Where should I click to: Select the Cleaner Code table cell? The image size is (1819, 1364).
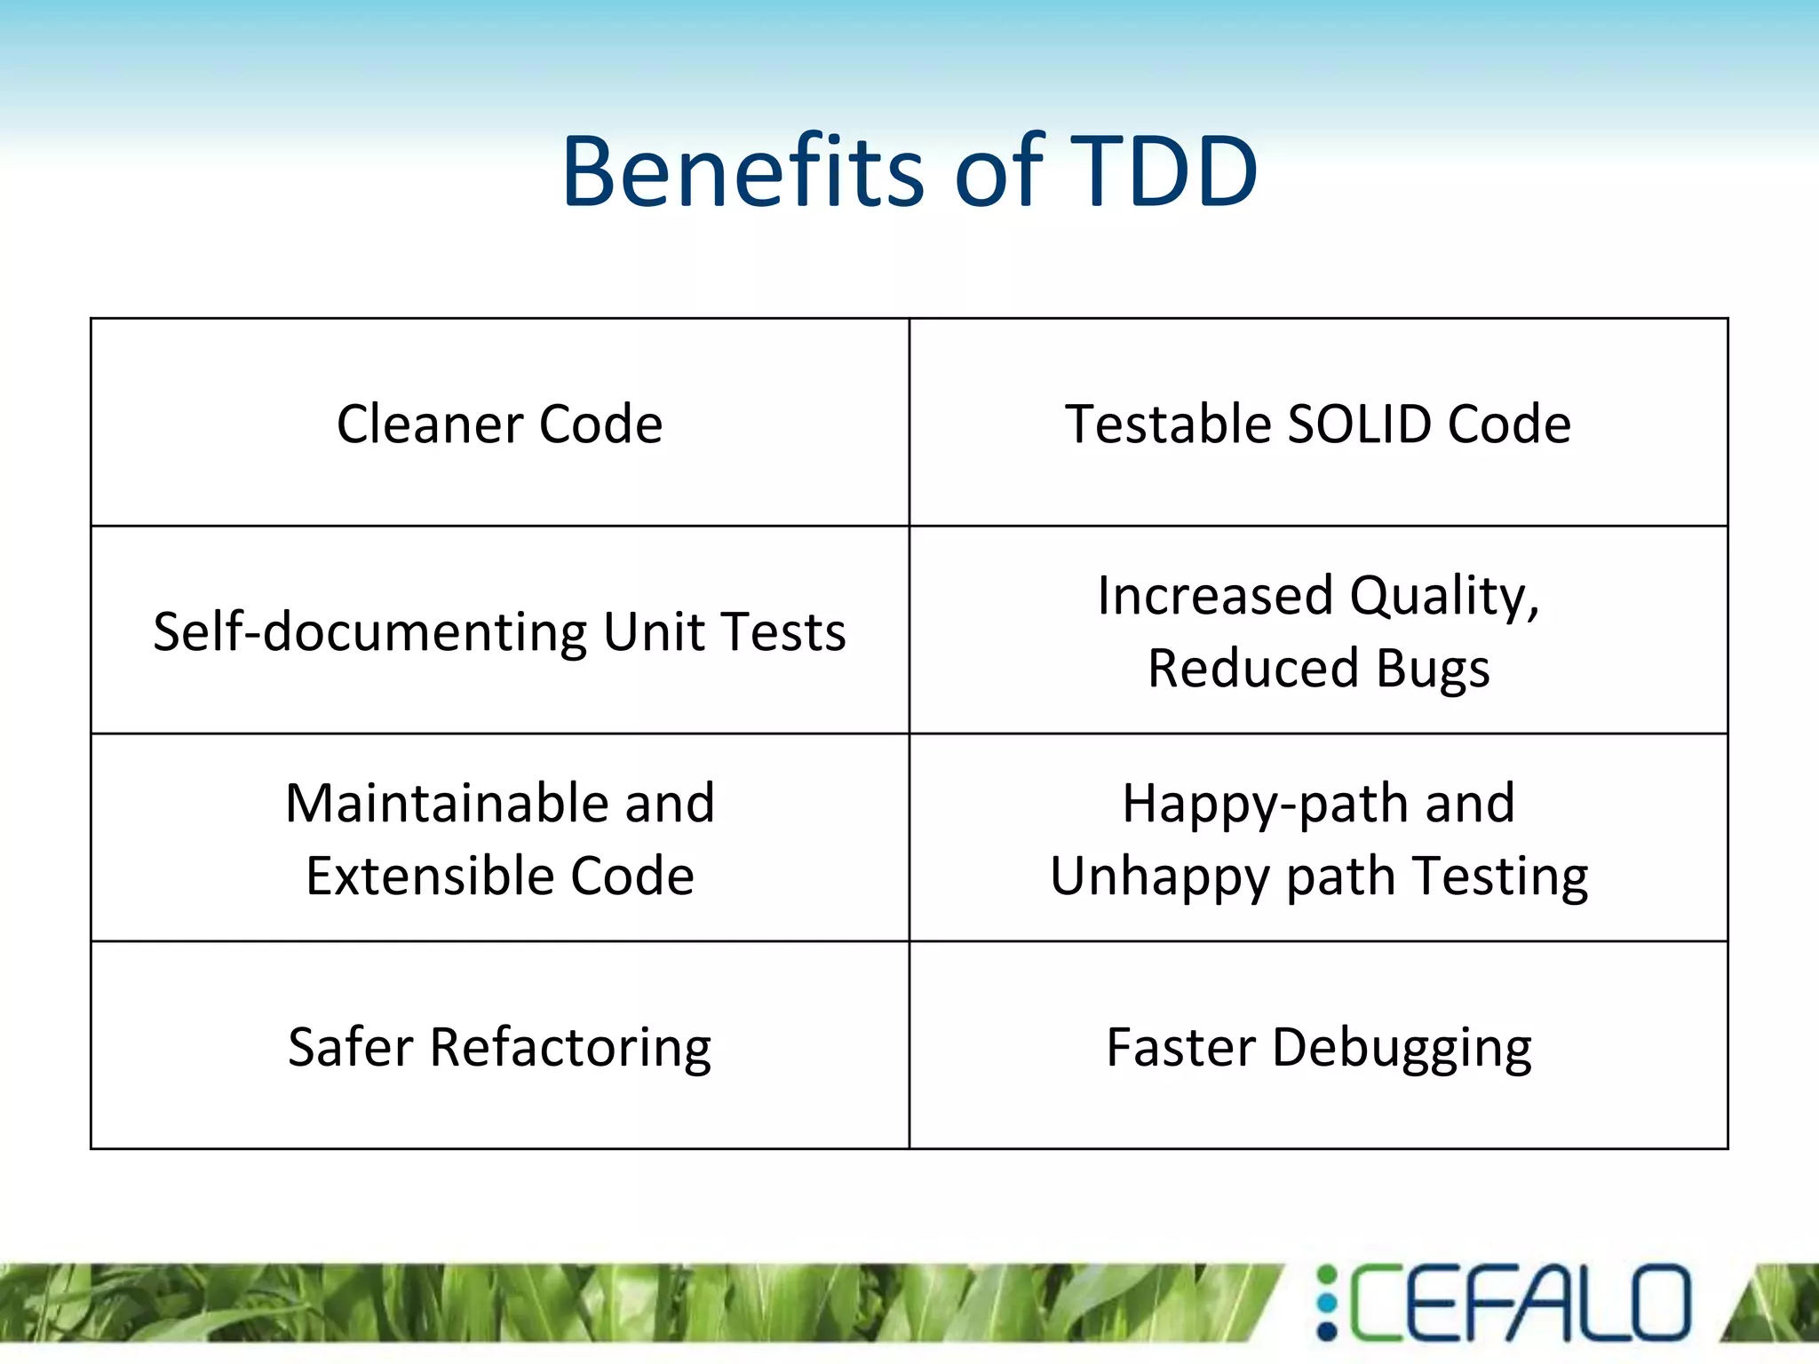499,424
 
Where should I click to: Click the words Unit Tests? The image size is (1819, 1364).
724,632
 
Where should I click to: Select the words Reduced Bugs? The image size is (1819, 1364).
1318,668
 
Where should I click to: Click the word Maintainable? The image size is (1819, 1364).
445,803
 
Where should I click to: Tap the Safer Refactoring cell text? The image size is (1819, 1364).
499,1047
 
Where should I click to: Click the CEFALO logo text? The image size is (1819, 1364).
1519,1303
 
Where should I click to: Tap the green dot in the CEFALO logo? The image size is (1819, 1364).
1327,1275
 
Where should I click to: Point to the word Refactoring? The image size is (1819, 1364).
570,1049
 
